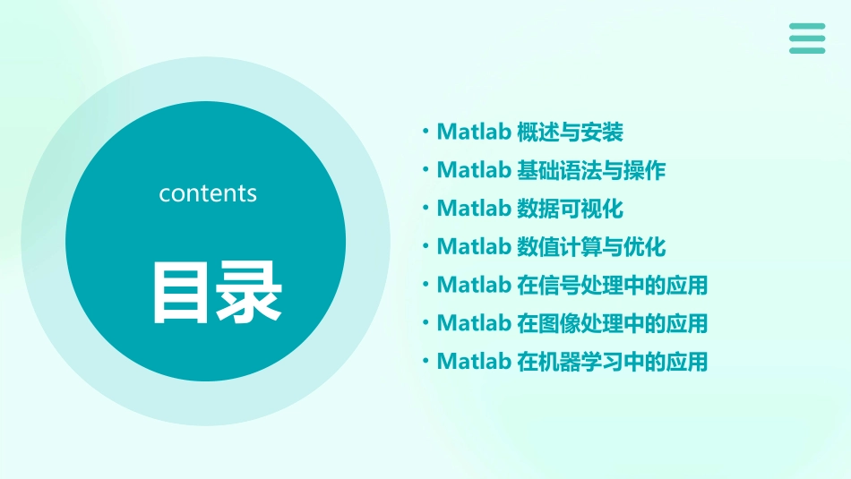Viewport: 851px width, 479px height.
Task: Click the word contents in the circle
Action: [x=208, y=193]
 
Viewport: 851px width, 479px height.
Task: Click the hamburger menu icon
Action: [x=807, y=38]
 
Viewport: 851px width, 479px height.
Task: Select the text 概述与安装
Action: [x=570, y=133]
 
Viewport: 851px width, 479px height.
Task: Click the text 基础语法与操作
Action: [x=591, y=170]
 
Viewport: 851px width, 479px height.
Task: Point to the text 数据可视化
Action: [x=570, y=209]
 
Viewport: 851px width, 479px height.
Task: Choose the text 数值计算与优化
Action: [x=591, y=246]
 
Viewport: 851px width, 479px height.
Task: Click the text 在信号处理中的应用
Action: [x=613, y=285]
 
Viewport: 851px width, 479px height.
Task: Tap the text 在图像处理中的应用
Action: [x=613, y=322]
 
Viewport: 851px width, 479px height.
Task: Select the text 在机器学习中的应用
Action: [x=613, y=361]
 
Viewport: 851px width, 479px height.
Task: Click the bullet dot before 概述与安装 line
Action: [x=425, y=133]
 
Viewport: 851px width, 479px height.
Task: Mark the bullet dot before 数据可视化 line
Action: [x=425, y=209]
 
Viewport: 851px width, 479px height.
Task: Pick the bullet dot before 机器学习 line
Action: [x=425, y=361]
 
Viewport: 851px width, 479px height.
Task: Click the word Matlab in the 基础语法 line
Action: [x=473, y=170]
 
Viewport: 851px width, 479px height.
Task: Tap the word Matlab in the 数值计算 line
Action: [x=473, y=246]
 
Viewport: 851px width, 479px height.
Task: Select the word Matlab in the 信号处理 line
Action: [x=473, y=285]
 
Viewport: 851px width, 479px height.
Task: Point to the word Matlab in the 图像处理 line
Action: [x=473, y=322]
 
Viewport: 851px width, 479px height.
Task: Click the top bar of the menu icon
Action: [x=807, y=27]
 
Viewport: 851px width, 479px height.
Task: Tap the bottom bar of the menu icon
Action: [x=807, y=50]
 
